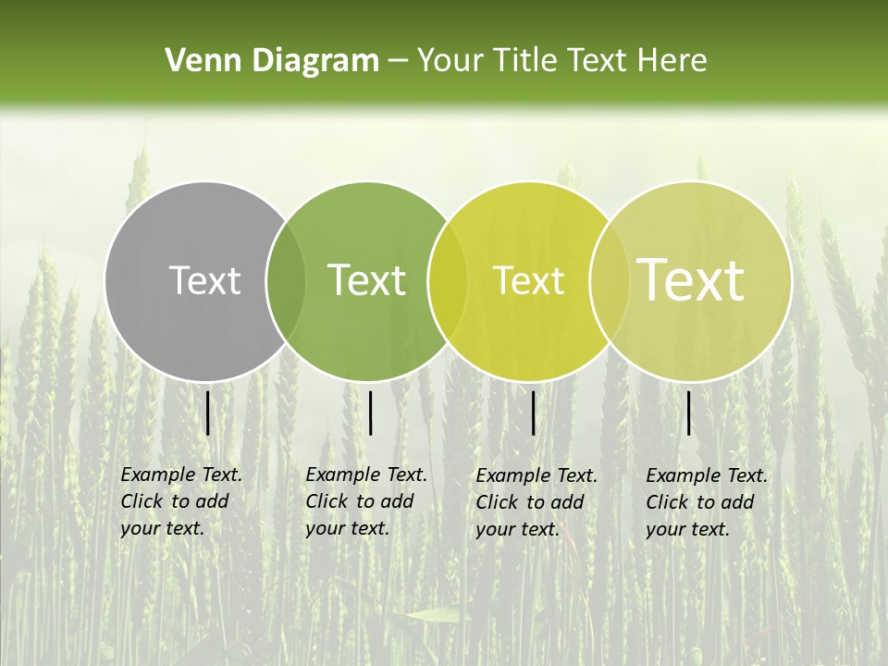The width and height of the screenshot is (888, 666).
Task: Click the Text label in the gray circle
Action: tap(204, 280)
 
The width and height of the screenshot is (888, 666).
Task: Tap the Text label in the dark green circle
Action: tap(366, 280)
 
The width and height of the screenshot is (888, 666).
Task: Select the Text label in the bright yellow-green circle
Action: tap(528, 280)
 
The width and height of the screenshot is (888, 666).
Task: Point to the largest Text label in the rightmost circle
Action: tap(690, 280)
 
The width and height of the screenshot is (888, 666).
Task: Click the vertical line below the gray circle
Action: tap(208, 413)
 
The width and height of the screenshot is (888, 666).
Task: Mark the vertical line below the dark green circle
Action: tap(370, 413)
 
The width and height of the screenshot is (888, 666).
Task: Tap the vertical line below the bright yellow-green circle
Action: tap(534, 413)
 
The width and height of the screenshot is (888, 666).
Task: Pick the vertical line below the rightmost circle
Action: tap(688, 413)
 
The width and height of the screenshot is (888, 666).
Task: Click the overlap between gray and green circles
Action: tap(286, 281)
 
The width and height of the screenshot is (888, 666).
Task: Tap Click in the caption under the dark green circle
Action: tap(327, 501)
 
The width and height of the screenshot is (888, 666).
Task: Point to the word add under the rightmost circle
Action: tap(737, 502)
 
